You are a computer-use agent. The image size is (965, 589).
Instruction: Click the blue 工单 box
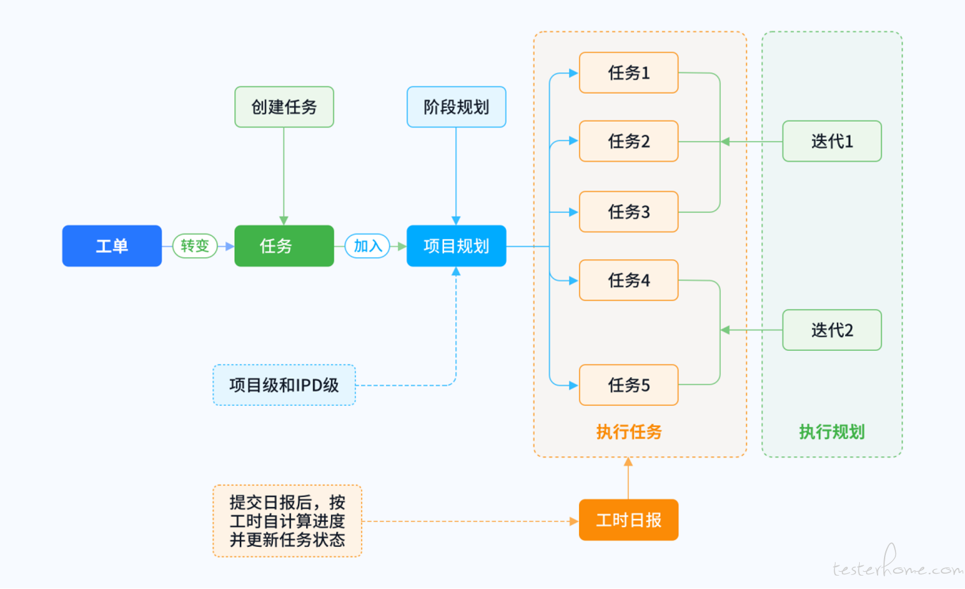(x=112, y=246)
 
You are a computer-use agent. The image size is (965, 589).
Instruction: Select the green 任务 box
(x=284, y=246)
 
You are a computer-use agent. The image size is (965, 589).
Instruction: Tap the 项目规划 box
(x=456, y=246)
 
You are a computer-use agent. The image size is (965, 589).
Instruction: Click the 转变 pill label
(x=195, y=246)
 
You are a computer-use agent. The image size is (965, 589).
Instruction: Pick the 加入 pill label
(x=367, y=246)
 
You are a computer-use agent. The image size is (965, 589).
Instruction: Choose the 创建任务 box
(x=284, y=107)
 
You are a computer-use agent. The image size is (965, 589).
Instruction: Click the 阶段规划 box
(x=456, y=107)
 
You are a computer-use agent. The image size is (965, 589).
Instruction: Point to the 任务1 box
(x=628, y=73)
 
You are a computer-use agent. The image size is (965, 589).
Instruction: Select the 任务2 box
(x=628, y=141)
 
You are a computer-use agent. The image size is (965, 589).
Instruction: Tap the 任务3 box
(x=628, y=212)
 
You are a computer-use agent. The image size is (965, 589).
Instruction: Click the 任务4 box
(x=628, y=281)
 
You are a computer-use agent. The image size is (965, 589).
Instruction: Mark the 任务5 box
(x=628, y=385)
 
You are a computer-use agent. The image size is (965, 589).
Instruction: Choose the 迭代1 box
(x=832, y=141)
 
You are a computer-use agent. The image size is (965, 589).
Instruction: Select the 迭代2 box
(x=832, y=330)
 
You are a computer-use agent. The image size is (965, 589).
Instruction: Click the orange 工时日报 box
(x=628, y=520)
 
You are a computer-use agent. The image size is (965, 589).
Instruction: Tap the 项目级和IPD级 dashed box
(x=284, y=385)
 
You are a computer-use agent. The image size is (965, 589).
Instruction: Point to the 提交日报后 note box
(x=288, y=521)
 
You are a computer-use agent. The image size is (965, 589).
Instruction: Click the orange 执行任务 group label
(x=628, y=432)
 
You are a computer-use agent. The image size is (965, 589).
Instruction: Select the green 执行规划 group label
(x=832, y=432)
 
